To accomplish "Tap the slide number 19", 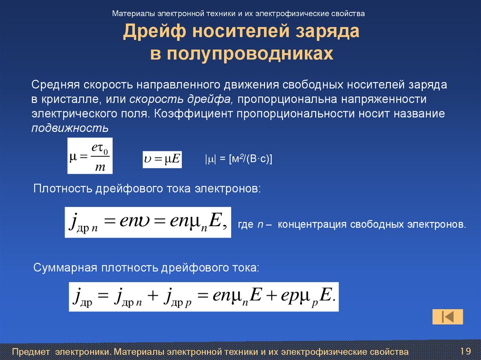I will click(x=465, y=351).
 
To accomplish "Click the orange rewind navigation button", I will click(x=448, y=317).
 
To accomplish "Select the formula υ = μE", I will click(x=162, y=159).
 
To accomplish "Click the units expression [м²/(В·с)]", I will click(x=251, y=159).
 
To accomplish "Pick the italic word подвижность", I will click(x=70, y=128).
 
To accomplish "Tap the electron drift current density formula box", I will click(x=147, y=222).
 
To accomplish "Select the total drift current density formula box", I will click(x=203, y=296).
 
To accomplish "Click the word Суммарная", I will click(x=64, y=268).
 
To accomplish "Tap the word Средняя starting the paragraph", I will click(x=55, y=85).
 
